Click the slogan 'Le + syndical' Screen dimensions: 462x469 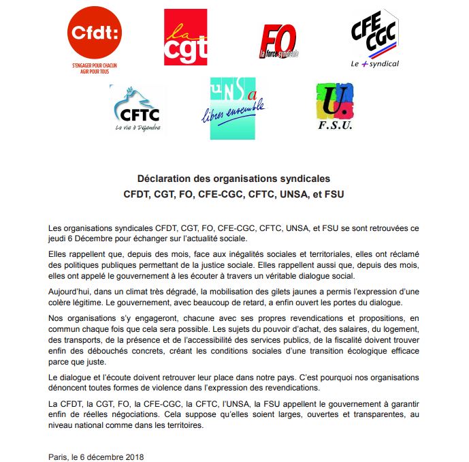374,63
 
